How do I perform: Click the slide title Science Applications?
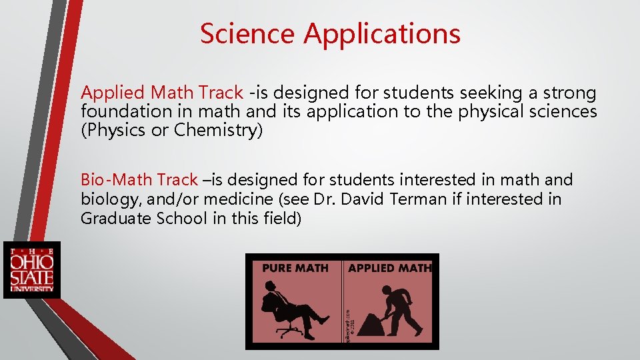coord(330,33)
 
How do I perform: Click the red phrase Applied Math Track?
coord(162,93)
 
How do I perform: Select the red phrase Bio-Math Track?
coord(139,180)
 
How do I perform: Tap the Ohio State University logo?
coord(31,270)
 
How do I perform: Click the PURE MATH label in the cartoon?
coord(295,268)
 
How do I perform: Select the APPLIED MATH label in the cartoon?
coord(390,268)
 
